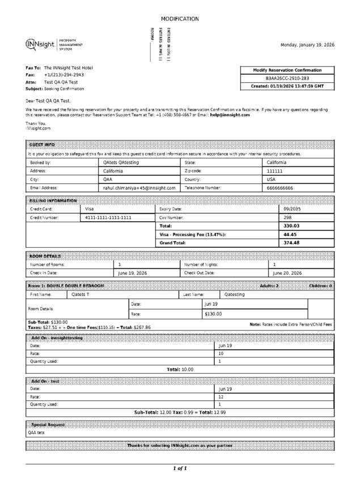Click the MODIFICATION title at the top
click(180, 19)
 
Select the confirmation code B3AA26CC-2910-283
click(287, 78)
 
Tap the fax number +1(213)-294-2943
click(64, 75)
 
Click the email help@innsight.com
click(230, 115)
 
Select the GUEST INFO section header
click(42, 145)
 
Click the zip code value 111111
click(274, 171)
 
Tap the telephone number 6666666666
click(280, 187)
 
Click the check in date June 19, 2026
click(132, 273)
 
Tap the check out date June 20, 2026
click(287, 273)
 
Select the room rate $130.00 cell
click(213, 314)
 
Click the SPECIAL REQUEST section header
click(48, 424)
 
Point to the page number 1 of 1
click(180, 468)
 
